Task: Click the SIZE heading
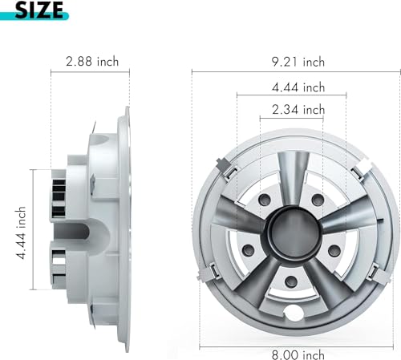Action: (39, 10)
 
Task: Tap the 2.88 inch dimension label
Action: (92, 62)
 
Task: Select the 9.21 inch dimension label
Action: (298, 62)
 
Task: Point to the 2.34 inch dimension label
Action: (298, 110)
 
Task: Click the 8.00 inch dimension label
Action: (298, 355)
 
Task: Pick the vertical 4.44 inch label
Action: (21, 233)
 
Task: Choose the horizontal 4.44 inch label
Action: (298, 87)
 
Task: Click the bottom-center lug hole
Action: (291, 281)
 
